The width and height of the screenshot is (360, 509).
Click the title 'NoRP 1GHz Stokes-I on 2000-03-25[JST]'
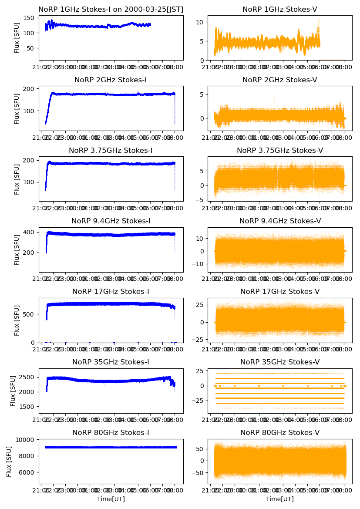pyautogui.click(x=111, y=9)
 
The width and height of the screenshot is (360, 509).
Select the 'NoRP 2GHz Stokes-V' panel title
pyautogui.click(x=280, y=80)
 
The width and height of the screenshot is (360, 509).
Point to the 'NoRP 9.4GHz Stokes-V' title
pyautogui.click(x=280, y=221)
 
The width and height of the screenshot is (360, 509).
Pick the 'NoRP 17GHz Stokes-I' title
pyautogui.click(x=111, y=291)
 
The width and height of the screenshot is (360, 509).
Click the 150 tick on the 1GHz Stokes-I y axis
pyautogui.click(x=30, y=18)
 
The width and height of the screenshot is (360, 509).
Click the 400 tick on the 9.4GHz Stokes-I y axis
pyautogui.click(x=30, y=232)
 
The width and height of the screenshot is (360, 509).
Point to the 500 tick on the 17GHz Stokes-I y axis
pyautogui.click(x=30, y=314)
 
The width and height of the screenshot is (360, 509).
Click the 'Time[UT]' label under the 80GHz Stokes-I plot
pyautogui.click(x=111, y=499)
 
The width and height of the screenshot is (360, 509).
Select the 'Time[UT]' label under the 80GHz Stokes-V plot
pyautogui.click(x=280, y=499)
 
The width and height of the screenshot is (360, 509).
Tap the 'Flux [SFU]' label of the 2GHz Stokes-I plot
pyautogui.click(x=17, y=108)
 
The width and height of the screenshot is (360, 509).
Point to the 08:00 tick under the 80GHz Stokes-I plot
pyautogui.click(x=175, y=491)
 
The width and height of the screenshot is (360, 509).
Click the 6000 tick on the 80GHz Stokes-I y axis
pyautogui.click(x=27, y=472)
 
